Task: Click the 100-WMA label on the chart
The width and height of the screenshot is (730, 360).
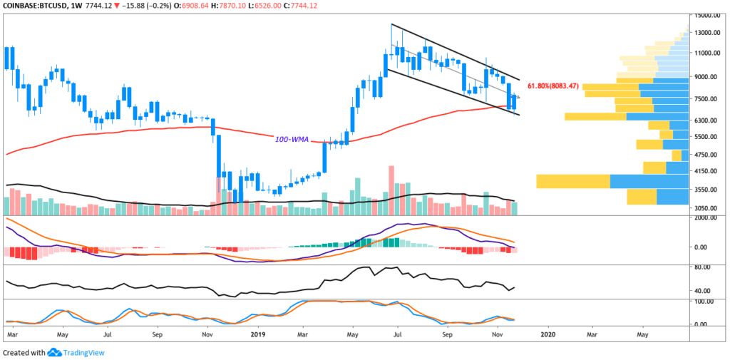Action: point(292,140)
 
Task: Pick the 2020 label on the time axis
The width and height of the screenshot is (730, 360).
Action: point(548,333)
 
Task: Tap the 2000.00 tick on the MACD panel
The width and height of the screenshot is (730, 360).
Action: point(710,219)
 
